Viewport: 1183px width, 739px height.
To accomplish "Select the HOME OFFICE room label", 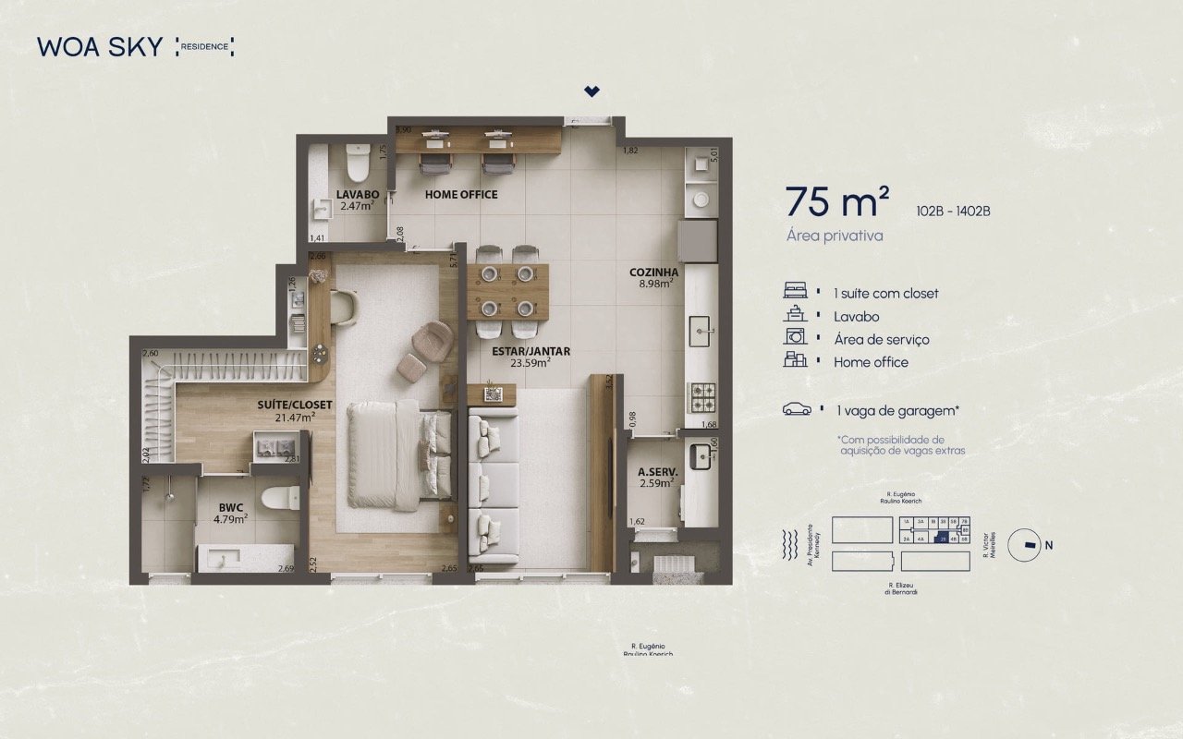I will (x=461, y=195).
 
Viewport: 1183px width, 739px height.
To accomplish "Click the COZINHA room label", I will (x=653, y=273).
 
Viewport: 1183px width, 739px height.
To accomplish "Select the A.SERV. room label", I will (x=658, y=472).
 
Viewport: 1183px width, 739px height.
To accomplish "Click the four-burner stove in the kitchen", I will (x=702, y=397).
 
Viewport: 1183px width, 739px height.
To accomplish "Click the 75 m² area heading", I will (x=837, y=200).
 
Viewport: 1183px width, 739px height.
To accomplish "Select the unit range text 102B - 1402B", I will (x=953, y=210).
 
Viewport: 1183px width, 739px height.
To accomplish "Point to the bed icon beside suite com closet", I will (x=795, y=292).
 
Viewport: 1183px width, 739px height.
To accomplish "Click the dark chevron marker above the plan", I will (x=591, y=91).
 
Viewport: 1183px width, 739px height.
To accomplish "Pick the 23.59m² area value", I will (x=531, y=363).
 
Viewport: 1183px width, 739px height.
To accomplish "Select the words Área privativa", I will (x=835, y=236).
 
